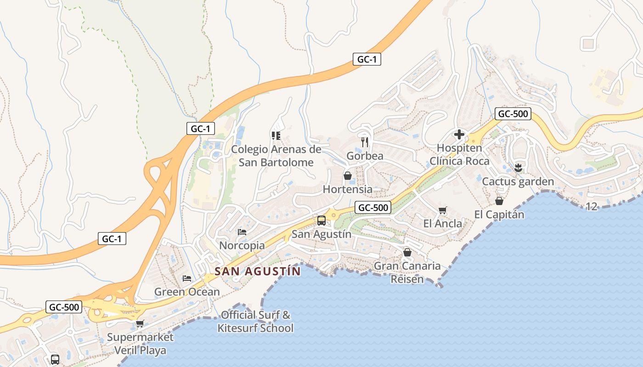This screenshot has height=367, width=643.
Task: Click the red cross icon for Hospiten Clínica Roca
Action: (459, 134)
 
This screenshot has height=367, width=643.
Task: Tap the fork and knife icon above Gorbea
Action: (365, 142)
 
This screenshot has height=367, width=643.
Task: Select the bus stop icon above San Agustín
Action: (321, 220)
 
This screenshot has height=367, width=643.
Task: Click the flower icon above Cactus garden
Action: (518, 167)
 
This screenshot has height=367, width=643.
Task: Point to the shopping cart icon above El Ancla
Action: (442, 210)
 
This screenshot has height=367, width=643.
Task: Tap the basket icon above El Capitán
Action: (499, 201)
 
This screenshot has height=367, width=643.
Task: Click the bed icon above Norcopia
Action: (242, 232)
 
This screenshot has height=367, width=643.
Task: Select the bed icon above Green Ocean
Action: (186, 278)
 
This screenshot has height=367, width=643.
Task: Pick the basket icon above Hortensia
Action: (348, 176)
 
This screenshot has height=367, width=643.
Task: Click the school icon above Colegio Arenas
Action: (276, 135)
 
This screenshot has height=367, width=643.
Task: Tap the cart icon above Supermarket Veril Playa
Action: (140, 323)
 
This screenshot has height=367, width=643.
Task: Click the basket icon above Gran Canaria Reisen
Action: (407, 252)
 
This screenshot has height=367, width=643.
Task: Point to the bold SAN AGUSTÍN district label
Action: (258, 271)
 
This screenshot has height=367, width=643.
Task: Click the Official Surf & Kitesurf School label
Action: (255, 322)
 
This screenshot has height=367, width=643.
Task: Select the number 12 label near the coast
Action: (592, 206)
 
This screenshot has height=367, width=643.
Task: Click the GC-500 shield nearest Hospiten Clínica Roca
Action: (513, 114)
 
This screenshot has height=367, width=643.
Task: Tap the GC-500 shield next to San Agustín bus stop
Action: (373, 207)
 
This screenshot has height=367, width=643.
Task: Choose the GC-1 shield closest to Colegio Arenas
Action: (201, 128)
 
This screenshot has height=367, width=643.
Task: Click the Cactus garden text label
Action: (518, 182)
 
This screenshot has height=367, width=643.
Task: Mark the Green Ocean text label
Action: (187, 292)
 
